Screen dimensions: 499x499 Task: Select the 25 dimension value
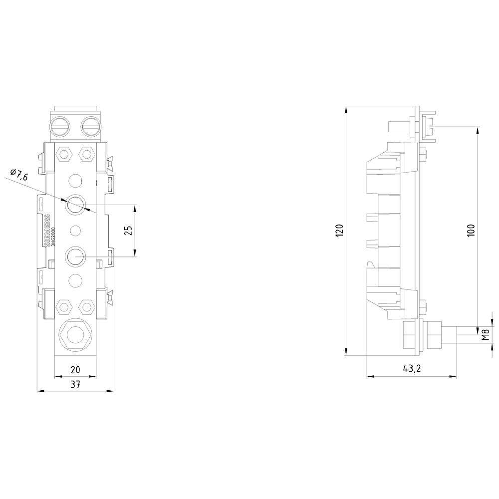click(128, 231)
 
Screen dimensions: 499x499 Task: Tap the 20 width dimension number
click(75, 370)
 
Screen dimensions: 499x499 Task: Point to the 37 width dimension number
click(75, 385)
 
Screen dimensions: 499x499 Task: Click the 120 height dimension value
click(339, 231)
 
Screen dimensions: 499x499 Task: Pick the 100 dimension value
click(471, 231)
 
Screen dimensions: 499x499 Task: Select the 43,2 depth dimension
click(411, 370)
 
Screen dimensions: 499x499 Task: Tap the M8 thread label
click(485, 333)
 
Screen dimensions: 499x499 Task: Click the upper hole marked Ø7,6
click(75, 204)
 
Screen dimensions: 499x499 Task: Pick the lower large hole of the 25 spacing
click(75, 256)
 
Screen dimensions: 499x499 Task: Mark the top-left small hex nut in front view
click(63, 154)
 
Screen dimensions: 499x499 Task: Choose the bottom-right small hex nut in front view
click(87, 306)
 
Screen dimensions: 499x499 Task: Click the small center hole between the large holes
click(75, 230)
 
